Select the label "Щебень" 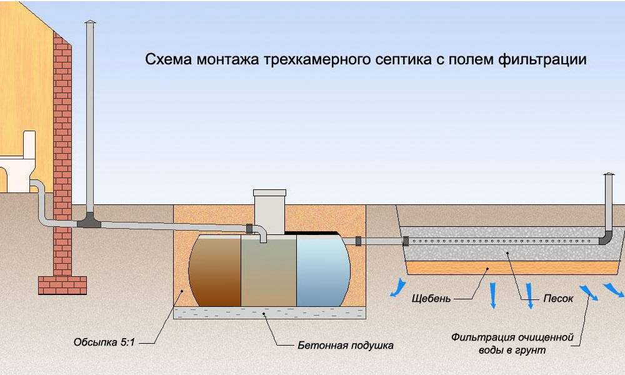[431, 299]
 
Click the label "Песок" [557, 299]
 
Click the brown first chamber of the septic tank [216, 269]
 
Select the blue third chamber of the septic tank [322, 270]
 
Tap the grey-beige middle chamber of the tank [269, 270]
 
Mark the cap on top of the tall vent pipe [91, 24]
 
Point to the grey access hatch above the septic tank [269, 209]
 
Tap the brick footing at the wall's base [62, 285]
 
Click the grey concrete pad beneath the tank [269, 313]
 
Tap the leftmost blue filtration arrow [395, 287]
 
